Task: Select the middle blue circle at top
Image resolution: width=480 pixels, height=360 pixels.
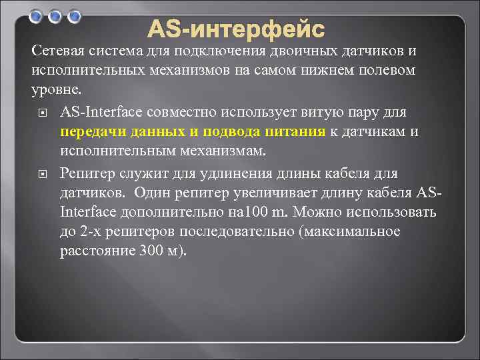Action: pos(56,15)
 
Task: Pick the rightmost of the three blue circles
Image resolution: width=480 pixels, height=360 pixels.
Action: pos(75,15)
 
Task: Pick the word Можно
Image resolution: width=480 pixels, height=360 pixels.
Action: pos(313,212)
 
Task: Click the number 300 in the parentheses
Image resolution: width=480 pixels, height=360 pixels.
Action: pos(152,251)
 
